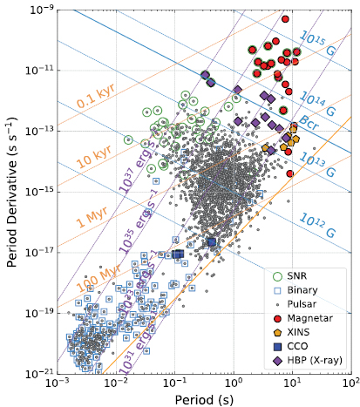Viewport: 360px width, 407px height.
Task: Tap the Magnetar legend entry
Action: pyautogui.click(x=315, y=318)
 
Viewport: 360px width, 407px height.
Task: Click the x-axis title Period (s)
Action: pyautogui.click(x=204, y=398)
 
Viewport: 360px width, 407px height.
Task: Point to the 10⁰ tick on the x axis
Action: pyautogui.click(x=234, y=383)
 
